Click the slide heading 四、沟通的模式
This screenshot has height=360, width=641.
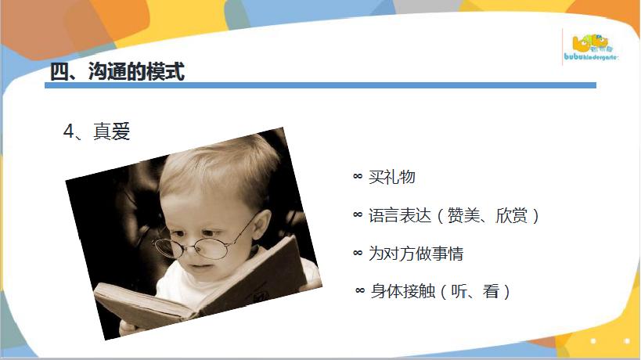click(x=117, y=71)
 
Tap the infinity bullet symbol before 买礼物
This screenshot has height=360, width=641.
click(x=358, y=177)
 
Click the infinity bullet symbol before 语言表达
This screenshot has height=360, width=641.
click(x=358, y=215)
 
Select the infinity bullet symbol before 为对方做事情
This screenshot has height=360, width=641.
click(x=358, y=254)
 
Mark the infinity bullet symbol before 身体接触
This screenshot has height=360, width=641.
click(x=360, y=291)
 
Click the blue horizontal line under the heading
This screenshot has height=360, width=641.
click(x=321, y=85)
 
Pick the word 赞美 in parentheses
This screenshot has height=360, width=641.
click(x=463, y=215)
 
